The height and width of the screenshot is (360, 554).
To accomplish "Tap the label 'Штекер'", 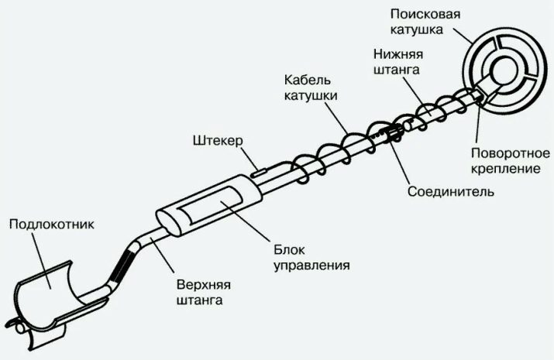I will pos(218,142).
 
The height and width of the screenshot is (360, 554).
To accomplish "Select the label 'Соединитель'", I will pos(449,190).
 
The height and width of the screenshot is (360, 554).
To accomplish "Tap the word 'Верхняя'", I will pos(198,284).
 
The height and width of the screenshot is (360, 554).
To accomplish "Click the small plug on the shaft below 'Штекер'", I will pos(257,170).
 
